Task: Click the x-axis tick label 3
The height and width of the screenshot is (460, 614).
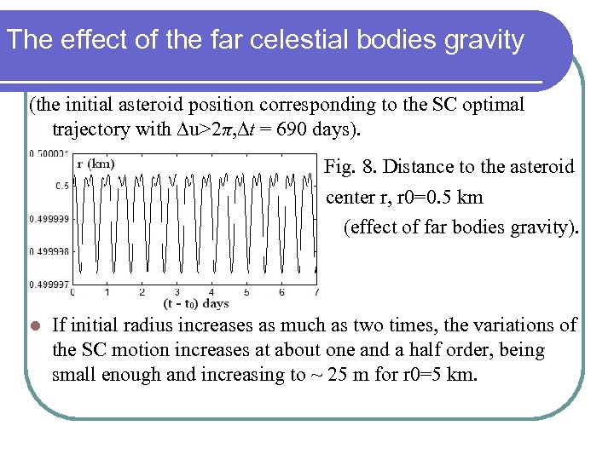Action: (x=176, y=292)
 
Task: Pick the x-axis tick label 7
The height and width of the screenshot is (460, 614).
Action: (x=316, y=292)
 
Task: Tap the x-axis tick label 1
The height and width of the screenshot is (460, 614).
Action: (x=107, y=292)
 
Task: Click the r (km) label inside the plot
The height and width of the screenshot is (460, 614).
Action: (x=96, y=164)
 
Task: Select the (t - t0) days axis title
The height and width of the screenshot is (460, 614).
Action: (x=196, y=303)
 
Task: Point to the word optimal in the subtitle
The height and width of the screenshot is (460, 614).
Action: (x=494, y=105)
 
